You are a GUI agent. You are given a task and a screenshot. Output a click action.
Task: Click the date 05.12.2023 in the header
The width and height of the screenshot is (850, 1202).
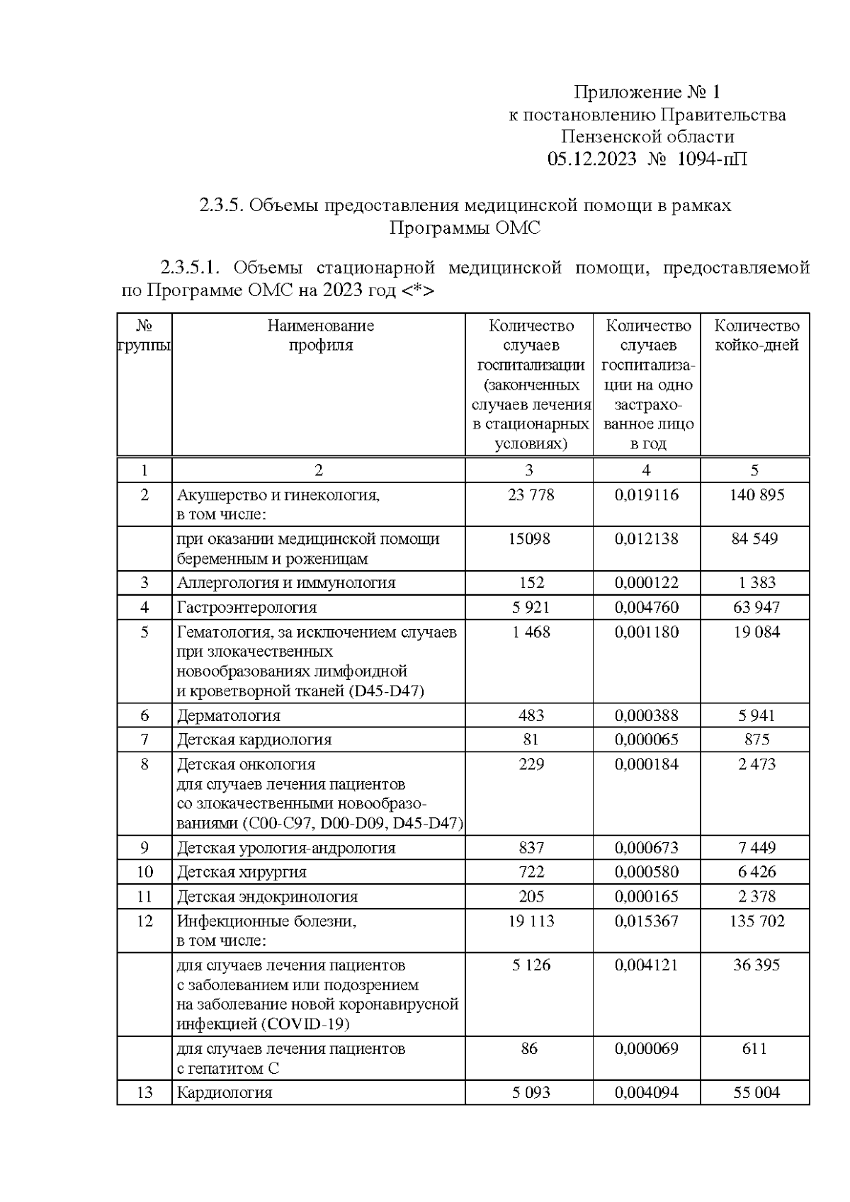(591, 159)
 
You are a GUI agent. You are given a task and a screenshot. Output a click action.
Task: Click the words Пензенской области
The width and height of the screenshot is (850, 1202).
(647, 137)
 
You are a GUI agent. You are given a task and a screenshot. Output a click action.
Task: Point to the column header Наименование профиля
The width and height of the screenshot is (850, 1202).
(320, 336)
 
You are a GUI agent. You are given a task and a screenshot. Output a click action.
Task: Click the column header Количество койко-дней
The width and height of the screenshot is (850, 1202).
(756, 336)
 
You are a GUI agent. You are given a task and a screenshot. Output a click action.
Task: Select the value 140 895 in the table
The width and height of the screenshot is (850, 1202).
(756, 495)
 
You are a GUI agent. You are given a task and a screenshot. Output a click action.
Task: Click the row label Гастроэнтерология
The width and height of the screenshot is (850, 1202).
(246, 608)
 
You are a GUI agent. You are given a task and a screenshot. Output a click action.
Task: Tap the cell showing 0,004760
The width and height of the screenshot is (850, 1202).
(646, 608)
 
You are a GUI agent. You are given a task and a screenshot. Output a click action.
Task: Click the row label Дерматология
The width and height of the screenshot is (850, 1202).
(228, 716)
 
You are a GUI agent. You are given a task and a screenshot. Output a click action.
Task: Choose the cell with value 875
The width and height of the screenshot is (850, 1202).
(756, 740)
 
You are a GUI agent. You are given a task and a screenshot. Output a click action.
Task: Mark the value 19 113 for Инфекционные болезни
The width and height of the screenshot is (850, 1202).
(531, 922)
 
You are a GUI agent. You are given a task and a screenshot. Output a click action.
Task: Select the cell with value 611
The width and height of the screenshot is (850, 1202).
(754, 1049)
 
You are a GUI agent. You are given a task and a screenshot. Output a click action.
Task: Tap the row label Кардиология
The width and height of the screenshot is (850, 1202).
(224, 1093)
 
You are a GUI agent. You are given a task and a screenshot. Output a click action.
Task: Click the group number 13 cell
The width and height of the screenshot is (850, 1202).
(144, 1093)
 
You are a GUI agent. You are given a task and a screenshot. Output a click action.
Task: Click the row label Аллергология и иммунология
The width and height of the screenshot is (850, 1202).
(286, 584)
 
